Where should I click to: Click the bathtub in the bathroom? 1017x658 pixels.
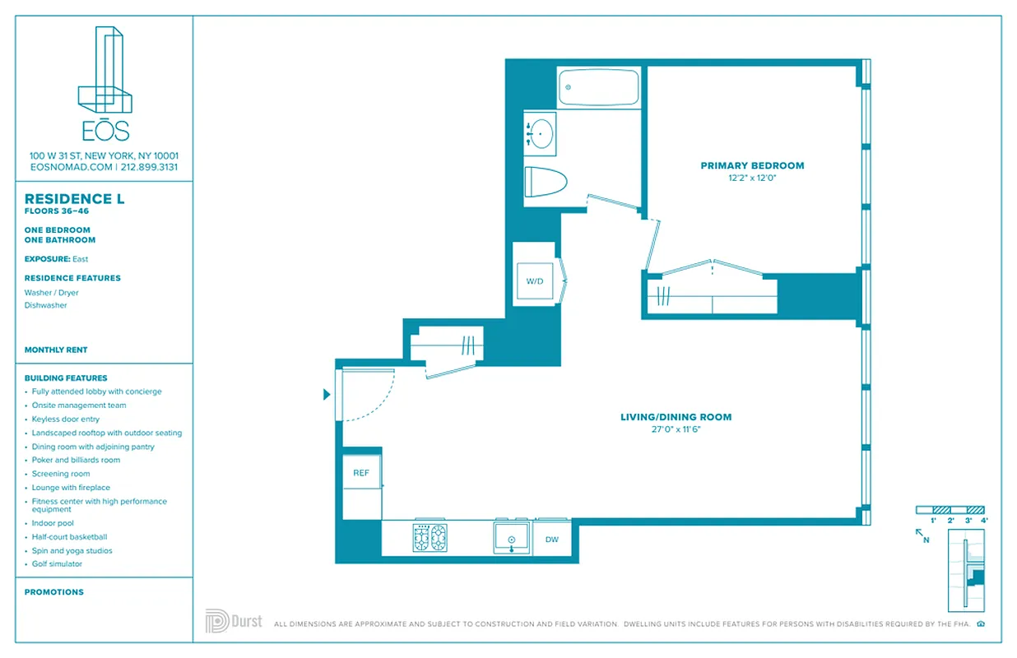pyautogui.click(x=599, y=87)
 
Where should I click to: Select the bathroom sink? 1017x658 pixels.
pyautogui.click(x=541, y=132)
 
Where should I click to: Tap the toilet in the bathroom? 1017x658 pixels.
pyautogui.click(x=546, y=181)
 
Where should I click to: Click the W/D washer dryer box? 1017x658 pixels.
pyautogui.click(x=535, y=281)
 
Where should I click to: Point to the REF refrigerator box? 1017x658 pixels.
pyautogui.click(x=361, y=473)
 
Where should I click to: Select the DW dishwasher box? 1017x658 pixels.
pyautogui.click(x=551, y=539)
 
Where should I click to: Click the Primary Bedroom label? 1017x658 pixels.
pyautogui.click(x=752, y=165)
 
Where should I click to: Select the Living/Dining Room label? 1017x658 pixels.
pyautogui.click(x=676, y=417)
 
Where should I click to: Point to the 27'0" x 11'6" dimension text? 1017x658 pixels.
pyautogui.click(x=676, y=429)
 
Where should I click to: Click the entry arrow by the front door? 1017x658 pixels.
pyautogui.click(x=327, y=395)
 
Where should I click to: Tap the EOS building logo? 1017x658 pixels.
pyautogui.click(x=104, y=82)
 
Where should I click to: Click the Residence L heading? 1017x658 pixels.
pyautogui.click(x=74, y=199)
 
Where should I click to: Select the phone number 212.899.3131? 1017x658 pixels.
pyautogui.click(x=149, y=167)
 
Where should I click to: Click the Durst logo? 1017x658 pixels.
pyautogui.click(x=234, y=621)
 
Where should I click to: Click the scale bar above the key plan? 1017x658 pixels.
pyautogui.click(x=950, y=510)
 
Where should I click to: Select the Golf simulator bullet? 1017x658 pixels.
pyautogui.click(x=57, y=564)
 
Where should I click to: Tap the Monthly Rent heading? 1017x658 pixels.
pyautogui.click(x=56, y=350)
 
